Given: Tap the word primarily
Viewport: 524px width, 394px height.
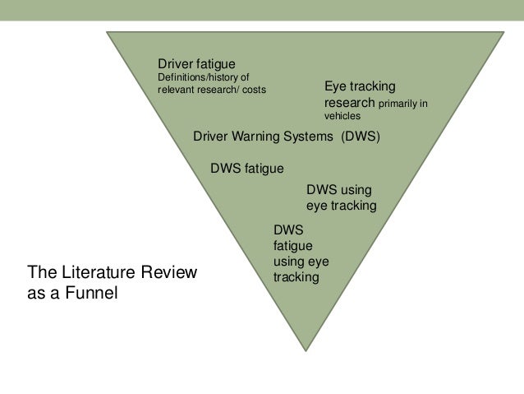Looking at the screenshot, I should pos(401,105).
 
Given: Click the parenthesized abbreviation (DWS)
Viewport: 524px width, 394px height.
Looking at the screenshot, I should pos(361,137).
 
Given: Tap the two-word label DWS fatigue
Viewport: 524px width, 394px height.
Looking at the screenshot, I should pos(246,168).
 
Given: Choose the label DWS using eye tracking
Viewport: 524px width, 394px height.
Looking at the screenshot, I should pos(340,197).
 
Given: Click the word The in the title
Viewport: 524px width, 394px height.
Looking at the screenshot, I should pos(41,271).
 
